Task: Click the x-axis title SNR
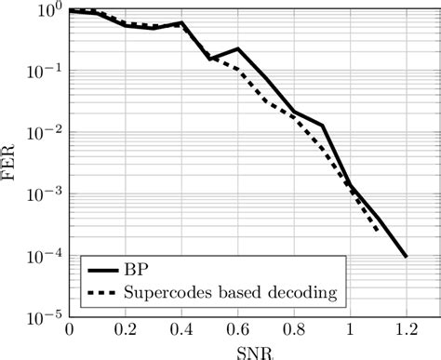pos(237,352)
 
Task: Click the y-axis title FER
pos(10,163)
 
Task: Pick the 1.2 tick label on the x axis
pos(407,330)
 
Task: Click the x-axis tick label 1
pos(350,330)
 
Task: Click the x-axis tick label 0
pos(68,330)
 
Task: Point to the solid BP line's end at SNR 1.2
pos(407,257)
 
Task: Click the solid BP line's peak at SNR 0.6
pos(237,48)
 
